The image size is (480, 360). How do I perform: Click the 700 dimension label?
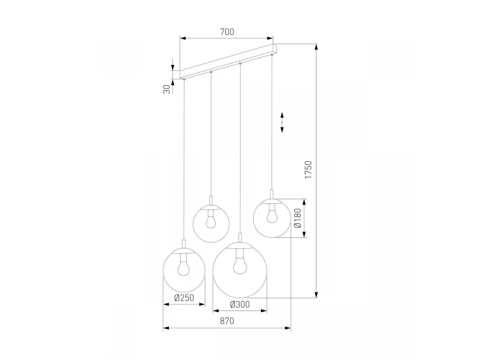[x=227, y=32]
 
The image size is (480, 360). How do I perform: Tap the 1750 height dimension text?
[x=308, y=170]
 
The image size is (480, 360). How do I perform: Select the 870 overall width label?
[x=227, y=321]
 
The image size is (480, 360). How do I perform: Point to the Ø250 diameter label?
[x=184, y=298]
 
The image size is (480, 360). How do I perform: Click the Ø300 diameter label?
[x=240, y=304]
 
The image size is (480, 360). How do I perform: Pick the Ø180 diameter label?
[x=298, y=218]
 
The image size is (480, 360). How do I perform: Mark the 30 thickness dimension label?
[x=167, y=89]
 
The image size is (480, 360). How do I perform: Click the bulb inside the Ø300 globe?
[x=240, y=262]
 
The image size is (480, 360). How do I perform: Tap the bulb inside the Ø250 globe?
[x=184, y=265]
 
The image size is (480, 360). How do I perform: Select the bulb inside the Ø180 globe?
[x=272, y=214]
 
